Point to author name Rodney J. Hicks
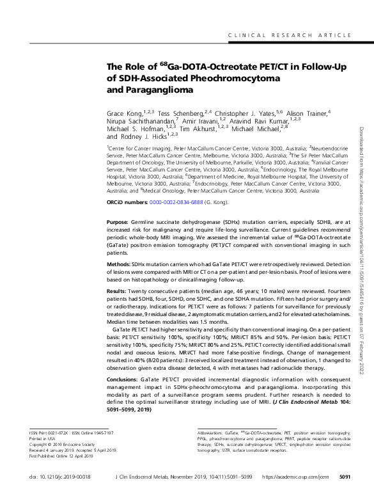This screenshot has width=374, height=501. pyautogui.click(x=141, y=136)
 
